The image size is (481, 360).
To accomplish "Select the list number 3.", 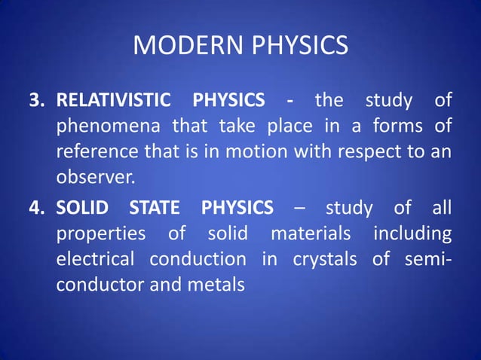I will click(x=35, y=100).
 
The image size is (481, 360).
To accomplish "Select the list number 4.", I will click(x=35, y=207).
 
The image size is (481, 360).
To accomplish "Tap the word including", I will click(x=412, y=233).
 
